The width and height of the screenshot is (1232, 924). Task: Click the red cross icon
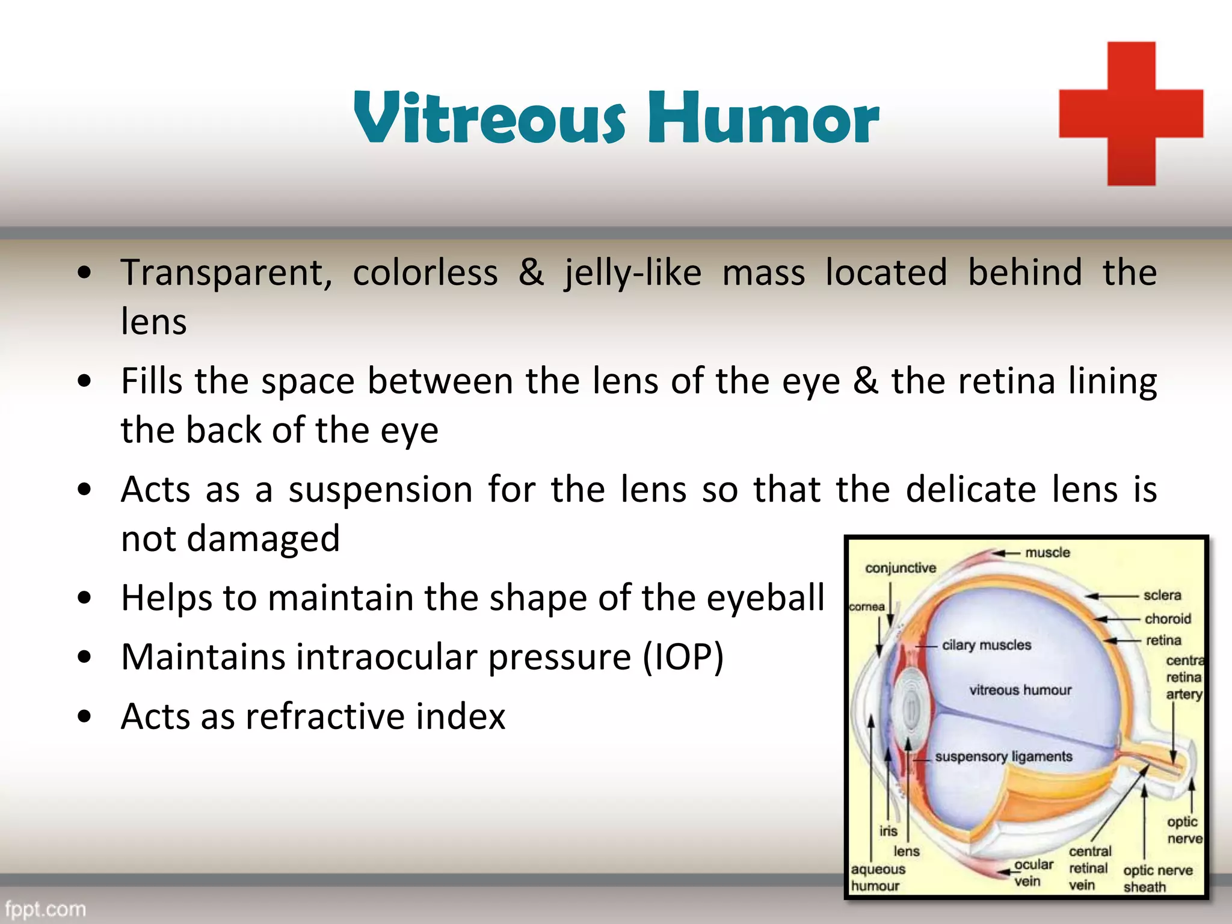pyautogui.click(x=1131, y=114)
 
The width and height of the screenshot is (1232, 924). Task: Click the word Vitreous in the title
pyautogui.click(x=490, y=118)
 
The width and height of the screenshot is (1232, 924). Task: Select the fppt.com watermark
pyautogui.click(x=46, y=908)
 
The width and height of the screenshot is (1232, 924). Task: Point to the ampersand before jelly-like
pyautogui.click(x=531, y=272)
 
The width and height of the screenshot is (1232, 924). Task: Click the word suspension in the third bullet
pyautogui.click(x=380, y=490)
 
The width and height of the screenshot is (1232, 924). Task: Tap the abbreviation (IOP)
pyautogui.click(x=683, y=657)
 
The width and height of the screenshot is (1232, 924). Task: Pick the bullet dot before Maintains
pyautogui.click(x=85, y=658)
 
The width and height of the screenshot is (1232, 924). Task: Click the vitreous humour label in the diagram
pyautogui.click(x=1020, y=690)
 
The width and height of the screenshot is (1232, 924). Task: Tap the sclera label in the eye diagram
pyautogui.click(x=1162, y=595)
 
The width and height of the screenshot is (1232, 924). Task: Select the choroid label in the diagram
pyautogui.click(x=1167, y=618)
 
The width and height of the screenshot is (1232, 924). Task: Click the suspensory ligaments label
pyautogui.click(x=1003, y=756)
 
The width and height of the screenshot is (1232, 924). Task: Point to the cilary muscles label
pyautogui.click(x=986, y=645)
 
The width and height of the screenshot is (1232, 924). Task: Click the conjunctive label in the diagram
pyautogui.click(x=900, y=568)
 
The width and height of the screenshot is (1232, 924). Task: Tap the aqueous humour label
pyautogui.click(x=877, y=877)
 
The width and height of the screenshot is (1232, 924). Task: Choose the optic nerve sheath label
pyautogui.click(x=1157, y=878)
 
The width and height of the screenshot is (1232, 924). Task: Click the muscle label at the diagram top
pyautogui.click(x=1047, y=552)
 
